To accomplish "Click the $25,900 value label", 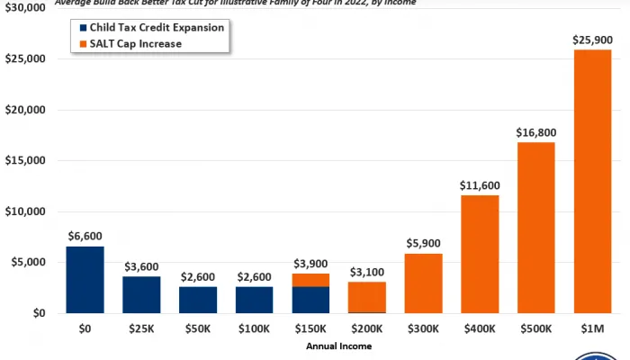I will [x=592, y=40].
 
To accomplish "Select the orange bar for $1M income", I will [x=592, y=180].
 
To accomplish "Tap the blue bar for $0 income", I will [x=85, y=280].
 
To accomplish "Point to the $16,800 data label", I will [x=535, y=132].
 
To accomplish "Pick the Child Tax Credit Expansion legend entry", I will [x=148, y=28].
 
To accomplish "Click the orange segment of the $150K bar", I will [x=310, y=280].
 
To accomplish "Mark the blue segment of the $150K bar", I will [x=310, y=300].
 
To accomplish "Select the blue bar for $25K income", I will [x=141, y=294].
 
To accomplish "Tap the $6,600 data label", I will [x=85, y=236].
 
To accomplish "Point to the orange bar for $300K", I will [x=423, y=283].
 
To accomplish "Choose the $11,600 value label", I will [x=480, y=184].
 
